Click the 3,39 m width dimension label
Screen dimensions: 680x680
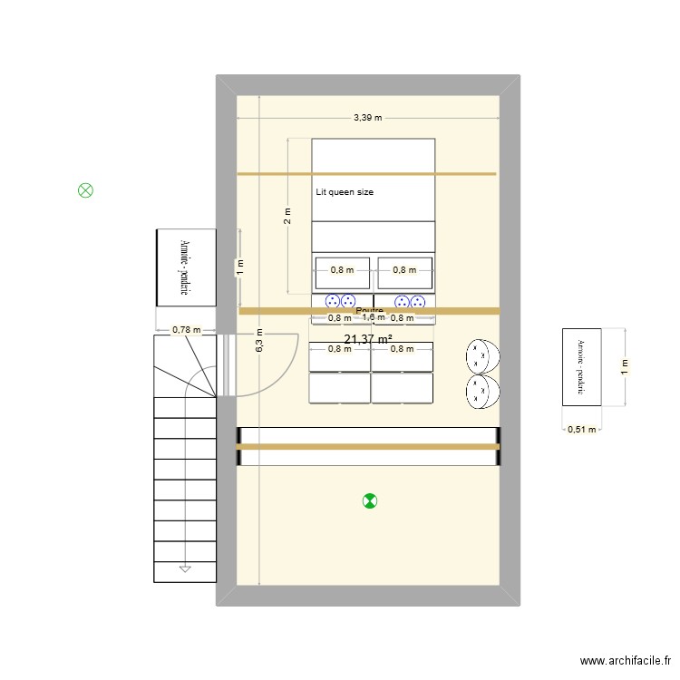tap(368, 117)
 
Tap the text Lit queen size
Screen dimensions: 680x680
tap(345, 192)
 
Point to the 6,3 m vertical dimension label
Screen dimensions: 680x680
tap(259, 340)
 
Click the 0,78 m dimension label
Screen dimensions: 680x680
tap(188, 329)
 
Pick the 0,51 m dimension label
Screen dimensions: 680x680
tap(581, 430)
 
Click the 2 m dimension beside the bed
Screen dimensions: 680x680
tap(287, 216)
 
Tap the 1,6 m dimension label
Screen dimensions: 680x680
tap(374, 317)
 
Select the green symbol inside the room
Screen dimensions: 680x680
tap(369, 500)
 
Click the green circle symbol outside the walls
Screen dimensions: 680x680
tap(85, 190)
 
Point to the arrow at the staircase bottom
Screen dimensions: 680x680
tap(185, 568)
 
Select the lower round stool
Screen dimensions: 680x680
tap(483, 392)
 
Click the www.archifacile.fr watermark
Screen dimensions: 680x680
tap(625, 662)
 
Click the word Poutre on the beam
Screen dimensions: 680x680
tap(369, 310)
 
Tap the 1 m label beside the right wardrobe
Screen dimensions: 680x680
tap(624, 365)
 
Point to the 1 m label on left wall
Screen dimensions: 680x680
tap(240, 267)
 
